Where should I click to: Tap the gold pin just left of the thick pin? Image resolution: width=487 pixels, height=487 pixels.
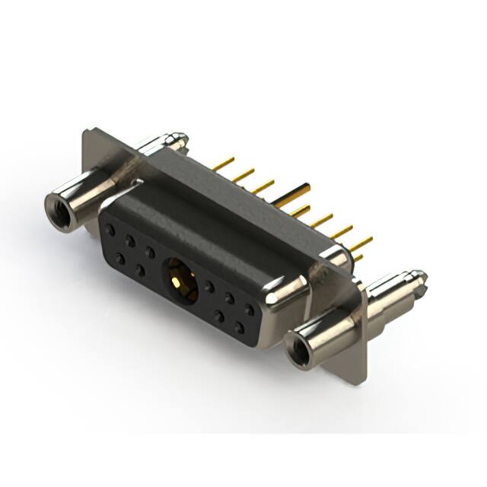click(x=263, y=186)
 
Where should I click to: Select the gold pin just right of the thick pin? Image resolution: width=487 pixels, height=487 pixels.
click(x=300, y=210)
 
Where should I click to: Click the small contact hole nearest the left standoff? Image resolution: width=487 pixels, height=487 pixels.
click(x=111, y=229)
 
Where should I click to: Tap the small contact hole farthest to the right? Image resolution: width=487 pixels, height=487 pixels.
click(x=249, y=310)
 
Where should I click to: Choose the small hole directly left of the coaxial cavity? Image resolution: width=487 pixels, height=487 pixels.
click(x=150, y=252)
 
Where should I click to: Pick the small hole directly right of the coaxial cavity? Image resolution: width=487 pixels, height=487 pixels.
click(x=208, y=287)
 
